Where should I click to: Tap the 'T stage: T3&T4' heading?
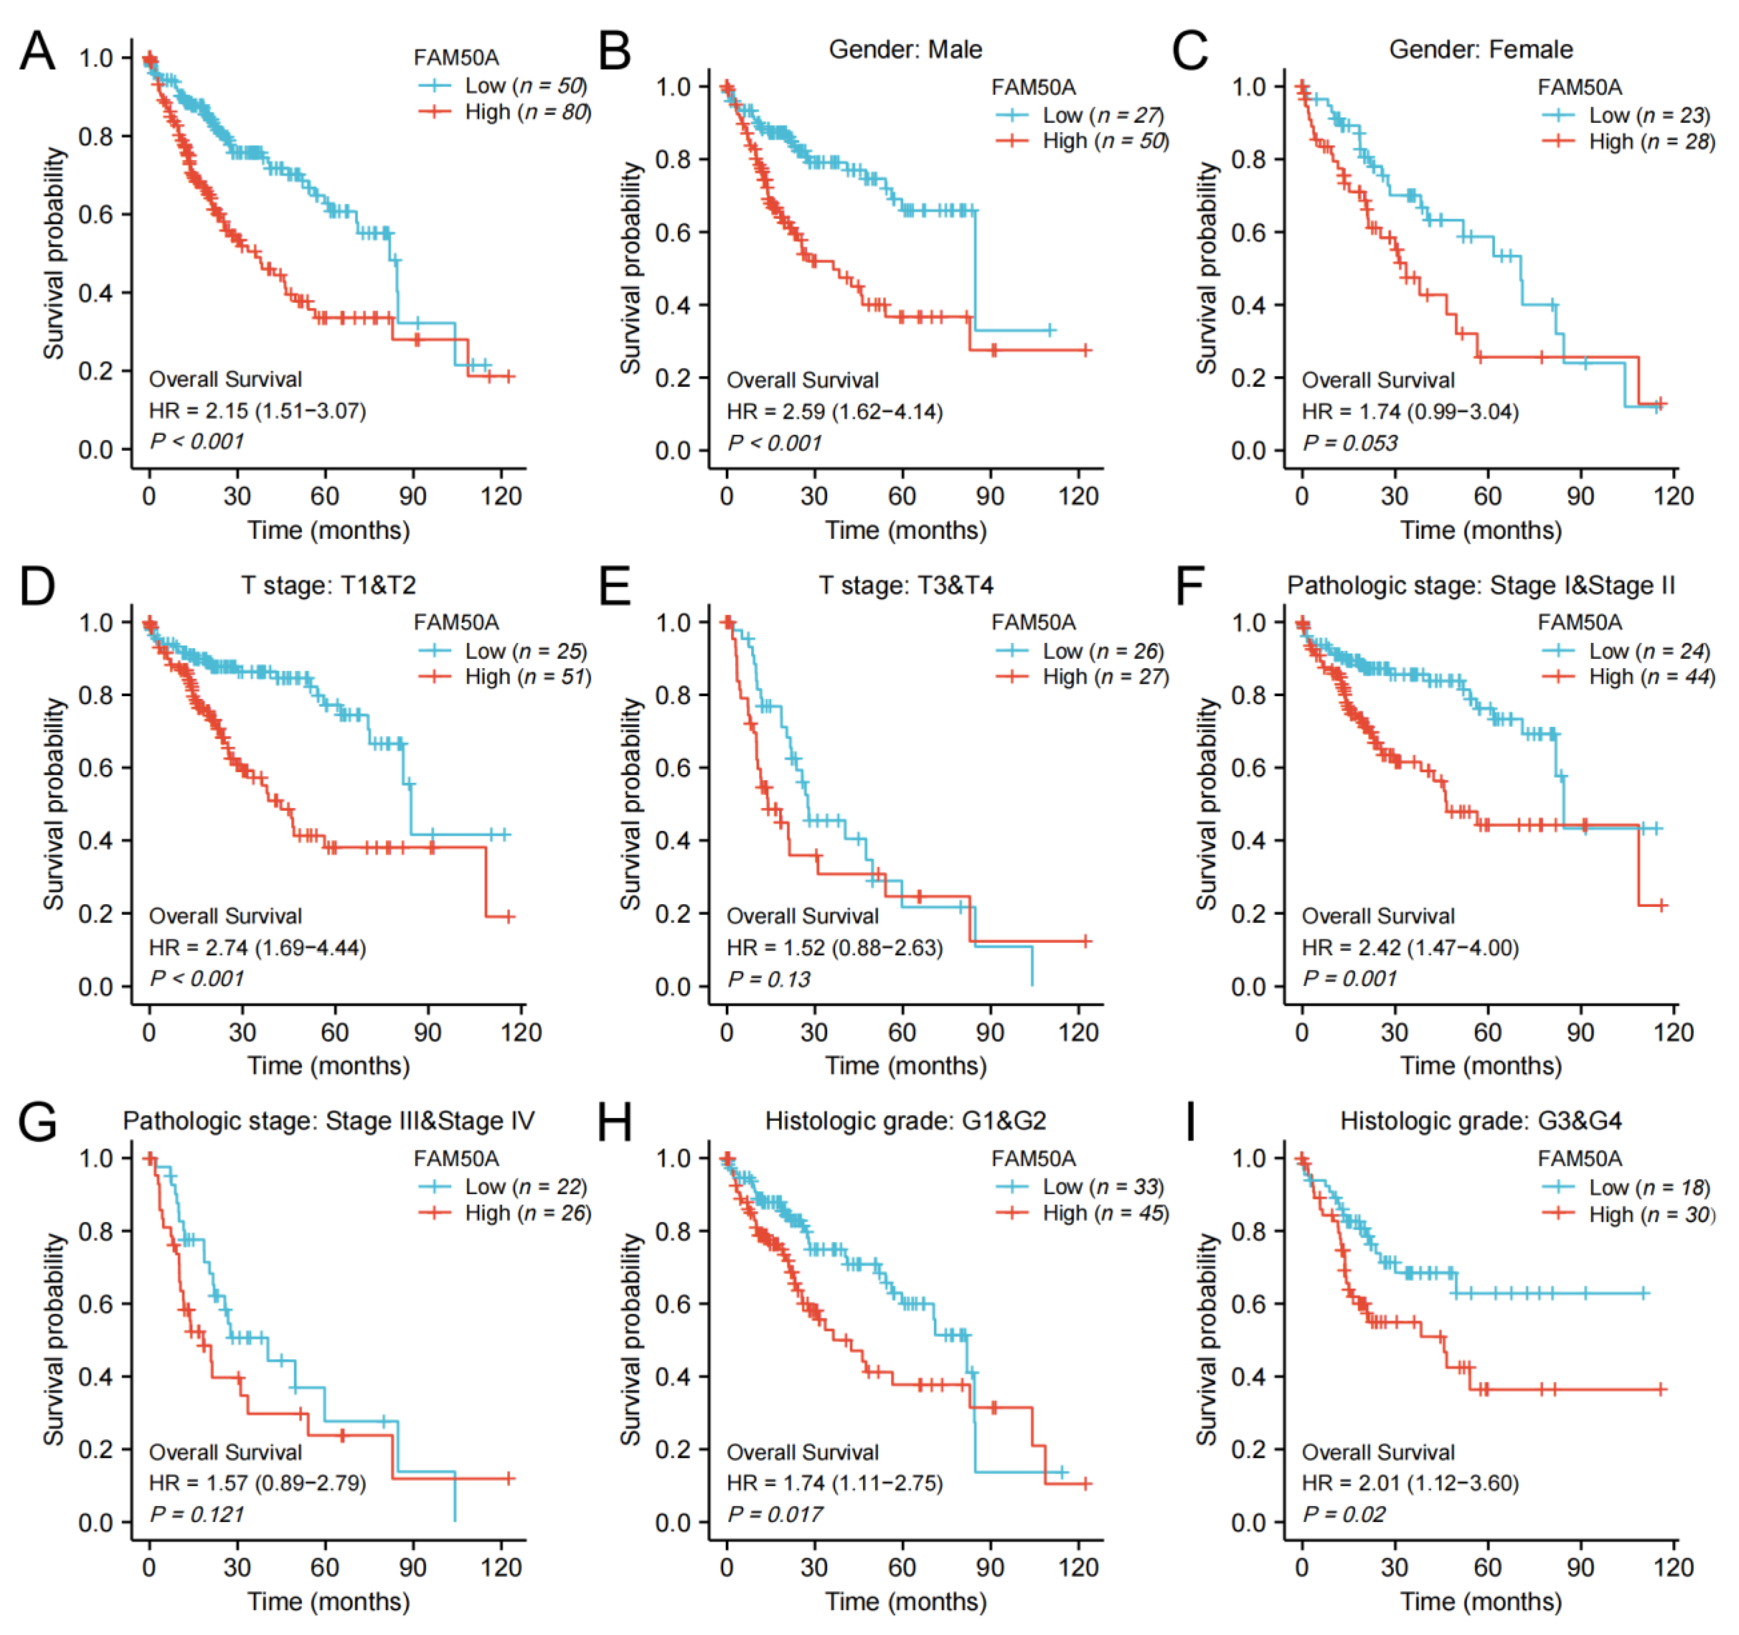pos(905,585)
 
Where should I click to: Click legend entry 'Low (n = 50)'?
pos(525,86)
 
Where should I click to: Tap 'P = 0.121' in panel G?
pos(197,1514)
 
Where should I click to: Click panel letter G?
pos(38,1122)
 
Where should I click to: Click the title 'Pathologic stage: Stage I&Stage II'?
pos(1481,585)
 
